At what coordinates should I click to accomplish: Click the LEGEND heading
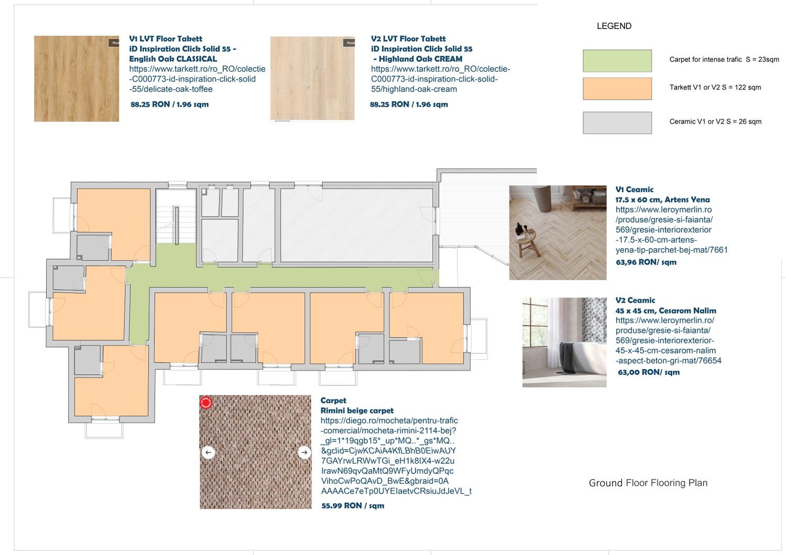[x=614, y=26]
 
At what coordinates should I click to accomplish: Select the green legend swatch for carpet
[x=617, y=61]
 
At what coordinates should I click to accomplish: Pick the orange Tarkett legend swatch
[x=617, y=88]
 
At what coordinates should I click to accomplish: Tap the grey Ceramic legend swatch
[x=617, y=123]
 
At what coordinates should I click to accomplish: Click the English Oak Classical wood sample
[x=77, y=79]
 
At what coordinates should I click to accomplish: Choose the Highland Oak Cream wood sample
[x=312, y=78]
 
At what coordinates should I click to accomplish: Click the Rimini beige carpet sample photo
[x=256, y=452]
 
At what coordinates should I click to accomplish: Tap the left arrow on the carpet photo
[x=208, y=452]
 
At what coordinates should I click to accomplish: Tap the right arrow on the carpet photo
[x=304, y=452]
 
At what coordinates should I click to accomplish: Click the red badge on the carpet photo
[x=205, y=403]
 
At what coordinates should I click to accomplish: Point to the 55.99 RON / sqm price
[x=353, y=506]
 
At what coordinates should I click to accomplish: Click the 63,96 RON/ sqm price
[x=646, y=262]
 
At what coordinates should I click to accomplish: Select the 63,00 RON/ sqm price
[x=649, y=372]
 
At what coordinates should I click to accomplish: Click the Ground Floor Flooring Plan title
[x=648, y=483]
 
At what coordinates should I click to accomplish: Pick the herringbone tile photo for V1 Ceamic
[x=558, y=232]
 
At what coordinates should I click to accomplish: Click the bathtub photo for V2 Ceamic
[x=564, y=342]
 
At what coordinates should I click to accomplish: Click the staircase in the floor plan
[x=176, y=217]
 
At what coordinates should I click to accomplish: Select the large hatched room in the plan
[x=356, y=225]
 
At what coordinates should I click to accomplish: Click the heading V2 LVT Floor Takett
[x=408, y=39]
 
